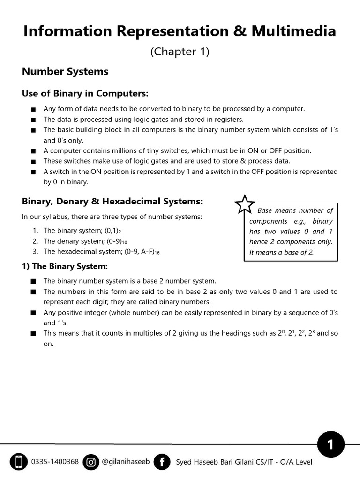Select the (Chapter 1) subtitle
coord(180,52)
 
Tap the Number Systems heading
coord(65,71)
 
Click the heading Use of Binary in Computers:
coord(85,93)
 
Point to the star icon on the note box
coord(244,204)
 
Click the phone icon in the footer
coord(19,462)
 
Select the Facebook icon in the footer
coord(162,462)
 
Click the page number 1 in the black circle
coord(330,444)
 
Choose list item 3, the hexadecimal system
coord(102,252)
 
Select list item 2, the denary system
coord(85,241)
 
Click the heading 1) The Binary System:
coord(65,266)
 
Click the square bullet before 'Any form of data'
coord(33,109)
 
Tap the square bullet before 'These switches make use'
coord(33,161)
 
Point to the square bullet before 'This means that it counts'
coord(33,334)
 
